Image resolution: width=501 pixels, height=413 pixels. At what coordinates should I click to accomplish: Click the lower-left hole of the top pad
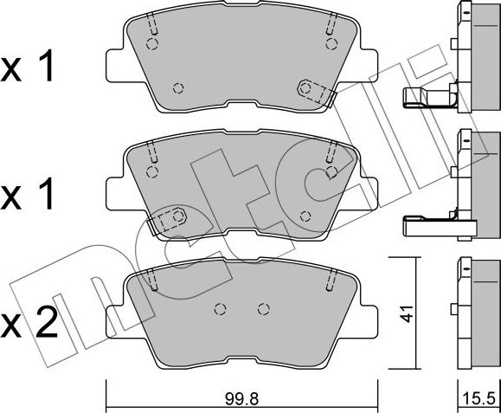(178, 87)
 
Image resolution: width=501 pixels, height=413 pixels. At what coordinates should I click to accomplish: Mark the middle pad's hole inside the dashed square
(177, 215)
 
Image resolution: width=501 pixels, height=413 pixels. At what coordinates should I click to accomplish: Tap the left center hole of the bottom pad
(220, 307)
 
